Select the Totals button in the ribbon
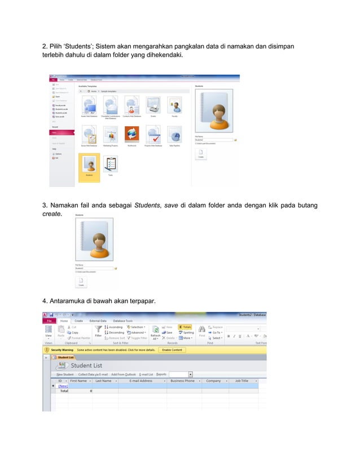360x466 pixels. (x=185, y=327)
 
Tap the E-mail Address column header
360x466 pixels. (x=141, y=381)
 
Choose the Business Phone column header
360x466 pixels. (x=182, y=381)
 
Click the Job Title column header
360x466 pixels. (x=241, y=381)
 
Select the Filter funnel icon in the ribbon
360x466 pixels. (x=98, y=329)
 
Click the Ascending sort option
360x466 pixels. (x=115, y=327)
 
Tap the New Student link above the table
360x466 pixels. (x=65, y=374)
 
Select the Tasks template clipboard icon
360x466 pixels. (x=111, y=164)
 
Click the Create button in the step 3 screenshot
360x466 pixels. (x=81, y=282)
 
